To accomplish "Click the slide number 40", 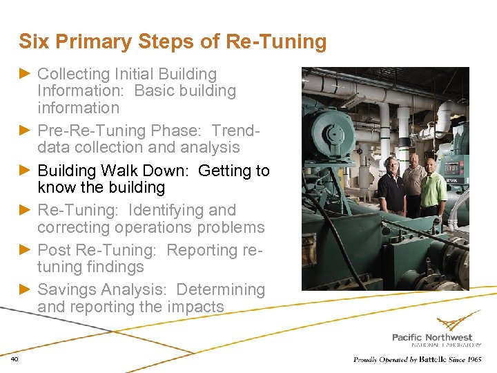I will pos(14,358).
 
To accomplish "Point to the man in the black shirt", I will pos(391,186).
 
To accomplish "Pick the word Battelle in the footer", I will pos(434,359).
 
